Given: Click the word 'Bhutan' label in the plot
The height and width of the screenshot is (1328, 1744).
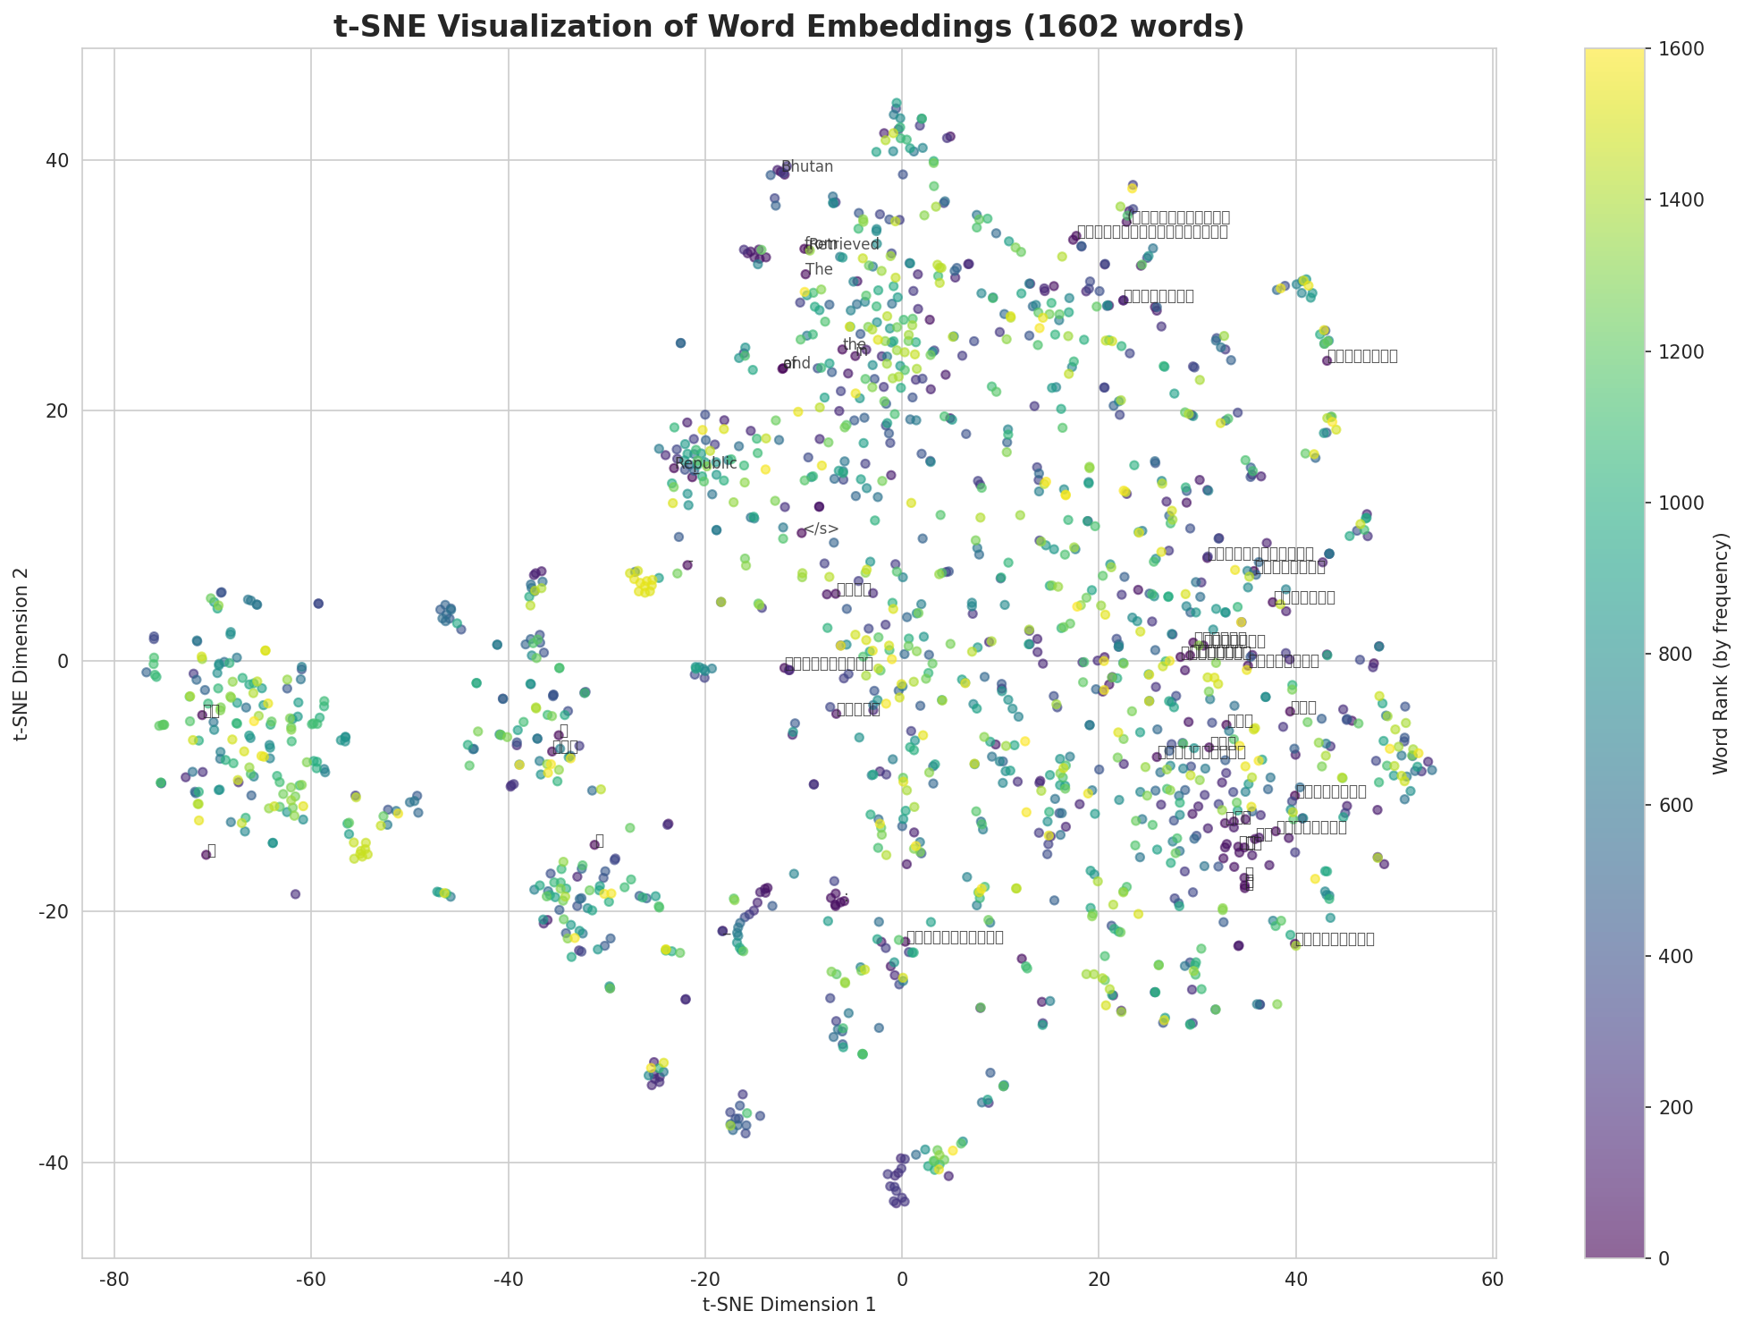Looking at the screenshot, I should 807,167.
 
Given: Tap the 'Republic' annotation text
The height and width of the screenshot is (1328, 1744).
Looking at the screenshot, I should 706,463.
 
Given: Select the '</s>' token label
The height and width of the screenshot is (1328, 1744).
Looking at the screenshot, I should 821,529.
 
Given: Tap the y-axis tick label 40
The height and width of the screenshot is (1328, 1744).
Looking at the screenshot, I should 59,161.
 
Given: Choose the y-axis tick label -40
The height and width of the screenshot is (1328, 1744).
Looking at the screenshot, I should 55,1163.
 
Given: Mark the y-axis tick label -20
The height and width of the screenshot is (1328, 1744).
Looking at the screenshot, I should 55,912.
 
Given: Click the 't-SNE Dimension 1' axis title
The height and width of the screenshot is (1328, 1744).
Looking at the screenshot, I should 788,1305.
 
